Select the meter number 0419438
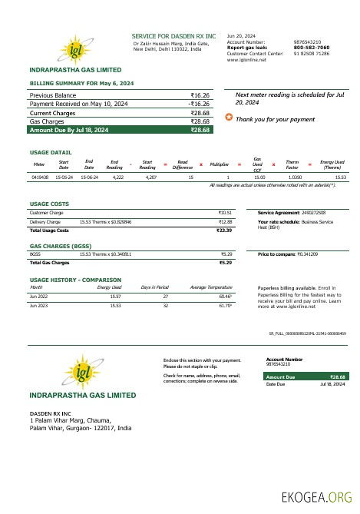point(40,177)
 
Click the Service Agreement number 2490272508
point(309,212)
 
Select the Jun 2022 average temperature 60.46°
point(226,295)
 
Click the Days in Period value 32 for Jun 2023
point(165,305)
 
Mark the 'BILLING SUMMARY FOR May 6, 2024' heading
point(81,81)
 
